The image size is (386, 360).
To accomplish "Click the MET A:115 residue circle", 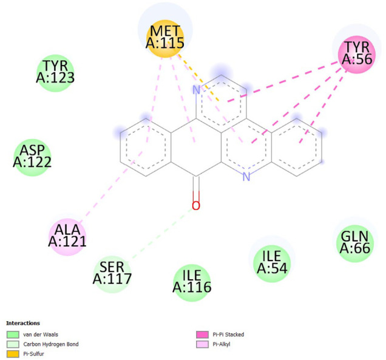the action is [x=164, y=41].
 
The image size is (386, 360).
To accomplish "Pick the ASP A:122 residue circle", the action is [x=32, y=157].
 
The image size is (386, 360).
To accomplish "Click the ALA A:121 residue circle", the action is [x=67, y=236].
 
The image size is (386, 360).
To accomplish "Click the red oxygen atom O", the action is [x=195, y=206].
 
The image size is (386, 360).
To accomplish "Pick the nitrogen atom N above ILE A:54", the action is [x=246, y=177].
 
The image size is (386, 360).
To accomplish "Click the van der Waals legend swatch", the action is [x=13, y=335].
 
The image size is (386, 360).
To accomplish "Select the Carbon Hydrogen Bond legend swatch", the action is [x=13, y=344].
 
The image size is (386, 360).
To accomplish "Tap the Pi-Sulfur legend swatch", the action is [x=13, y=353].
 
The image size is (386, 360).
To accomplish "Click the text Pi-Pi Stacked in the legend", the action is [x=228, y=335].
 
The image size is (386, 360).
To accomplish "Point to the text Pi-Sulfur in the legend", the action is [x=33, y=353].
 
